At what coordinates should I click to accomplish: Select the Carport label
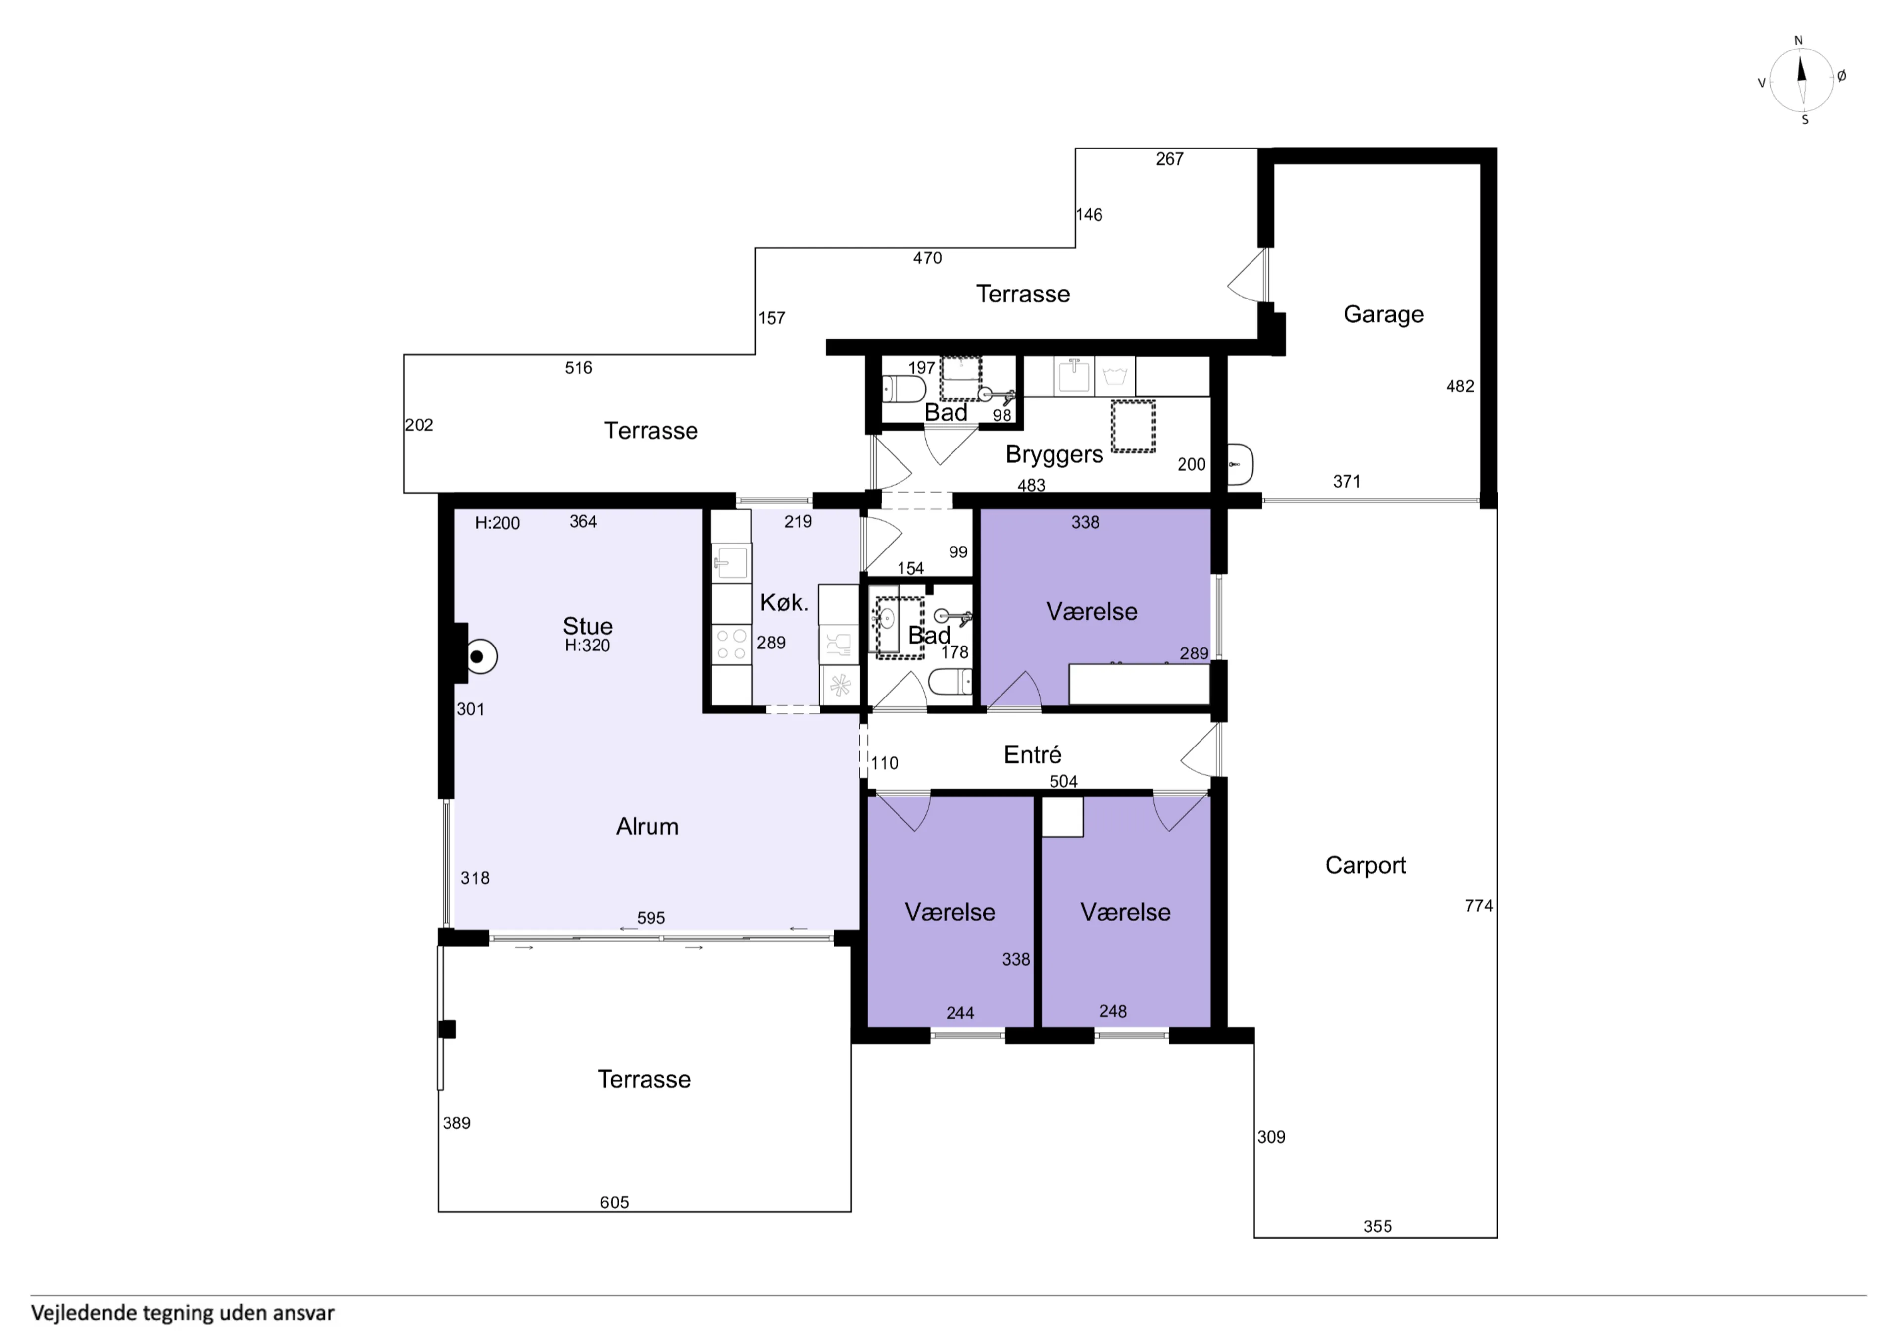pyautogui.click(x=1365, y=865)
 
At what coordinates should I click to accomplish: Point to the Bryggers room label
pyautogui.click(x=1054, y=454)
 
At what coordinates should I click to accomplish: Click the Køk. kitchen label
pyautogui.click(x=783, y=603)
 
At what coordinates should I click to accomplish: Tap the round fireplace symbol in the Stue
pyautogui.click(x=479, y=657)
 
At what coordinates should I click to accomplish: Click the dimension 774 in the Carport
pyautogui.click(x=1478, y=906)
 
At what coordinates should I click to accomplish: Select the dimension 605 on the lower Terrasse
pyautogui.click(x=614, y=1202)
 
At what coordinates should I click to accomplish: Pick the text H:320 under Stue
pyautogui.click(x=587, y=646)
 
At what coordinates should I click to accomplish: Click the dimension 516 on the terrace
pyautogui.click(x=578, y=368)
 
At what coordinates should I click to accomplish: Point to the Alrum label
pyautogui.click(x=647, y=826)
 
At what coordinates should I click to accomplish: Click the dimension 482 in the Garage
pyautogui.click(x=1460, y=386)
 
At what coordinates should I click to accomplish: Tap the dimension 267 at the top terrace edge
pyautogui.click(x=1169, y=159)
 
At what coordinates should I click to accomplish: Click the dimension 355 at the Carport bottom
pyautogui.click(x=1377, y=1226)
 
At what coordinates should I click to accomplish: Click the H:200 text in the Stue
pyautogui.click(x=497, y=523)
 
